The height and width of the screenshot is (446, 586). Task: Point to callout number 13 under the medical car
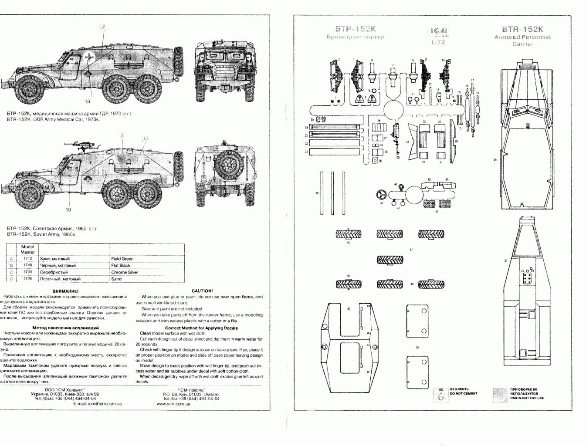[x=88, y=101]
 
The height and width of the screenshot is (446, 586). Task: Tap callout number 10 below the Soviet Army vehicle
[x=68, y=209]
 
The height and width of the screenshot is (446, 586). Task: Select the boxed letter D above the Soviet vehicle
[x=146, y=139]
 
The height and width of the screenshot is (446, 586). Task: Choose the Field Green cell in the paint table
[x=122, y=259]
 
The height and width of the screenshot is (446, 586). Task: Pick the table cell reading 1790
[x=27, y=272]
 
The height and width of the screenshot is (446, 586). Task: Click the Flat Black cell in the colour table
[x=121, y=265]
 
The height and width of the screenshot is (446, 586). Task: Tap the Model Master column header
[x=27, y=249]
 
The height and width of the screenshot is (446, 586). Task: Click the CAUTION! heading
[x=202, y=291]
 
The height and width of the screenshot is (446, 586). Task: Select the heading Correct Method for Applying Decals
[x=201, y=328]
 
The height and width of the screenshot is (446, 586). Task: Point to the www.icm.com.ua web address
[x=173, y=404]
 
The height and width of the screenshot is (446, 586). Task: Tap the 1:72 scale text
[x=438, y=42]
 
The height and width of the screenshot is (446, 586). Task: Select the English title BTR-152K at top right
[x=522, y=29]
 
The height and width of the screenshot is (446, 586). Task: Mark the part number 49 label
[x=349, y=309]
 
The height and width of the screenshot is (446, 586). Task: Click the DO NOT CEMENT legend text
[x=463, y=392]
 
